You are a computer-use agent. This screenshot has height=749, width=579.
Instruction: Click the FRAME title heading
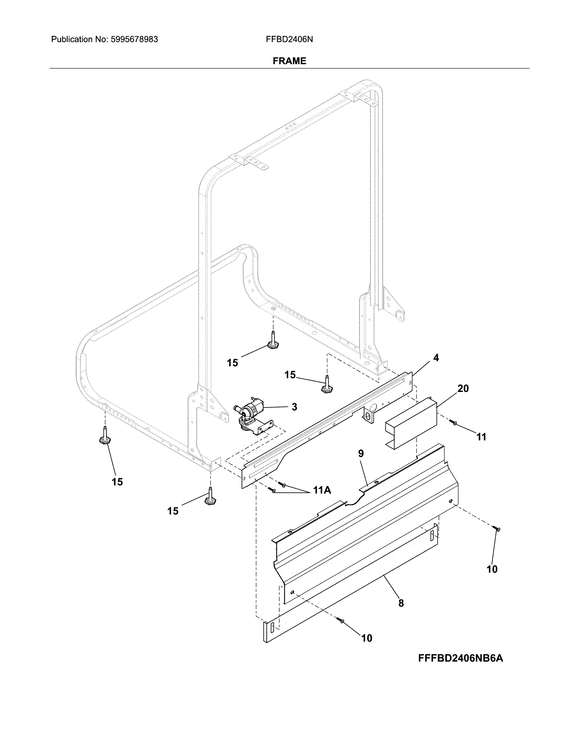289,61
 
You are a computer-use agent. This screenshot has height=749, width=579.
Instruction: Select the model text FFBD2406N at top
289,39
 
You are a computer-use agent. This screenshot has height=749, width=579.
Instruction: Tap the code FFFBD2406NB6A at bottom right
460,658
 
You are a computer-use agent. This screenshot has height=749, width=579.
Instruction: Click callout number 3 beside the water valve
294,407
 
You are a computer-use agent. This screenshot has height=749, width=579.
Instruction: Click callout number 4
436,358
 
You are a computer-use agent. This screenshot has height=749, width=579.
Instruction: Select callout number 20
463,389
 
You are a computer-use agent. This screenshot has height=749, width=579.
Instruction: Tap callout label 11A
322,490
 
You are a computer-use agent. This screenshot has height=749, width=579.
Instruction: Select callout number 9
361,454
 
